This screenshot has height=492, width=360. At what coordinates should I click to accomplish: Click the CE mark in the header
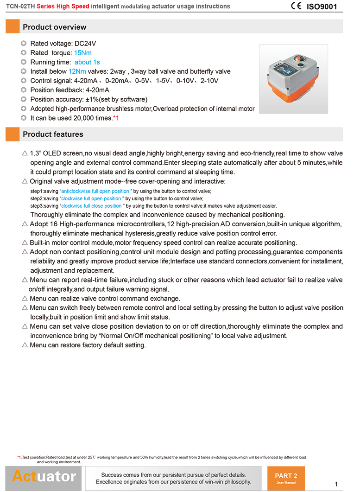[x=297, y=6]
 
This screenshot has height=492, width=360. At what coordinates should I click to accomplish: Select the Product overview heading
[x=54, y=27]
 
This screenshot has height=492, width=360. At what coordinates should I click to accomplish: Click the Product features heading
[x=53, y=134]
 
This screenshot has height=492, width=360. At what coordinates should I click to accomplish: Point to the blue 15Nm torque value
[x=83, y=53]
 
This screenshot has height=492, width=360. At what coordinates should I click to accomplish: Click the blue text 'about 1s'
[x=87, y=62]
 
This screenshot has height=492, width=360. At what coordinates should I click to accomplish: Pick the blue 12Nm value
[x=77, y=71]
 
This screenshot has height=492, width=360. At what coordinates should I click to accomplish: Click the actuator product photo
[x=293, y=79]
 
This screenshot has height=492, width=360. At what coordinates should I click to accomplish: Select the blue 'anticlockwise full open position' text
[x=95, y=191]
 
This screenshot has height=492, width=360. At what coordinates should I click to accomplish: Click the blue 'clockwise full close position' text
[x=92, y=206]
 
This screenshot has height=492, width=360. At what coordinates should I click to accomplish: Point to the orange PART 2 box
[x=286, y=478]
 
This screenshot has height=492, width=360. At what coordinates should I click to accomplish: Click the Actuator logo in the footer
[x=44, y=476]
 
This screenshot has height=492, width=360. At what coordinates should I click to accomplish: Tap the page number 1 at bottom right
[x=336, y=484]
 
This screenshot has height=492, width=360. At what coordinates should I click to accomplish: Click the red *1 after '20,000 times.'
[x=116, y=118]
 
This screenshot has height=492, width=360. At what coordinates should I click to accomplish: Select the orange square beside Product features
[x=13, y=134]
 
